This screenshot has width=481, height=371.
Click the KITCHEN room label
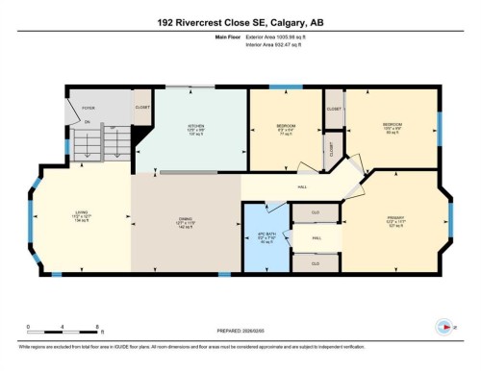point(195,128)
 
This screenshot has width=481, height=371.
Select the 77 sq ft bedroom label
point(286,129)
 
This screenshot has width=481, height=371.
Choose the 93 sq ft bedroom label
point(392,126)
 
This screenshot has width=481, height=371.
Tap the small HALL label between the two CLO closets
point(316,236)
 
